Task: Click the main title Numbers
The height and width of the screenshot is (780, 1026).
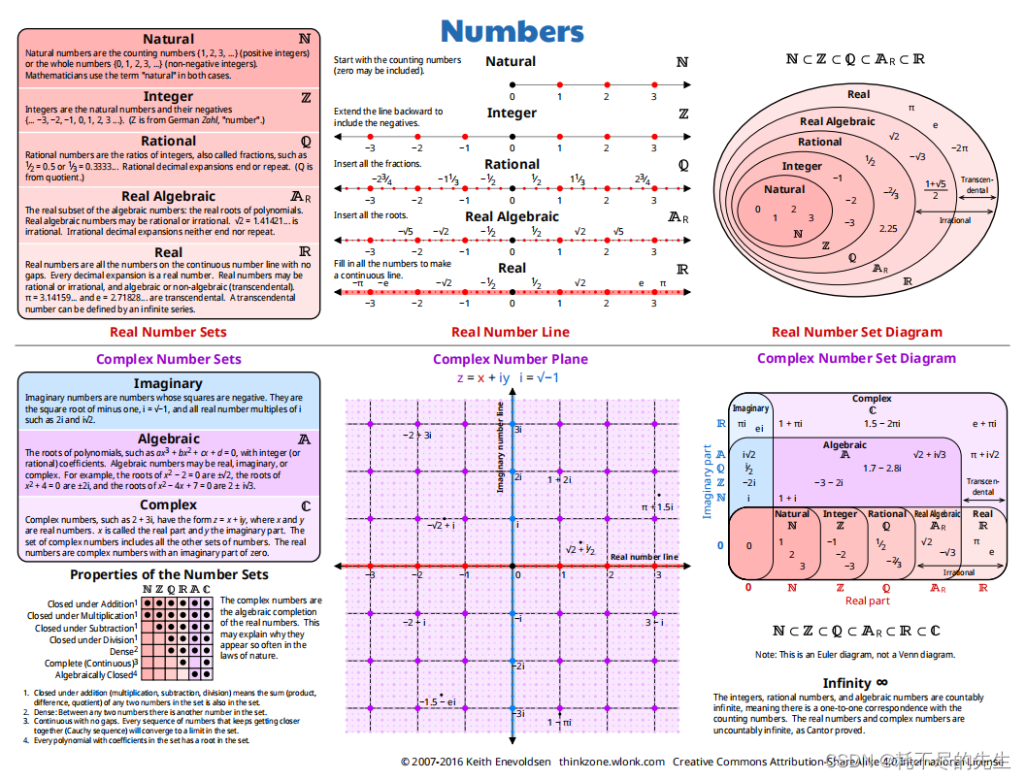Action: coord(512,31)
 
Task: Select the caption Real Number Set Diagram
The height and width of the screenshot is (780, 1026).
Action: coord(856,332)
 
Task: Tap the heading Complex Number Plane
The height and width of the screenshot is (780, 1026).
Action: coord(510,359)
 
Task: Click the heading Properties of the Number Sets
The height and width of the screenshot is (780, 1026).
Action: coord(169,574)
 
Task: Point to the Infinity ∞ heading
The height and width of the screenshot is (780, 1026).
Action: coord(854,683)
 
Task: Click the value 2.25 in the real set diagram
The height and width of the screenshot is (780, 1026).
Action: coord(887,229)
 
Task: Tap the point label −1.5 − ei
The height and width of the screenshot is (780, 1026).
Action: coord(437,701)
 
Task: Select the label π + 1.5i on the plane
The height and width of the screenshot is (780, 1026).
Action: coord(657,506)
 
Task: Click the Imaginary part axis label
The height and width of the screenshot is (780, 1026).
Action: coord(708,481)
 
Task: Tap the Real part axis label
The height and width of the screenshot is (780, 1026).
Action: coord(867,601)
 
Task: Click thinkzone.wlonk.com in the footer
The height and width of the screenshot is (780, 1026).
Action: coord(612,762)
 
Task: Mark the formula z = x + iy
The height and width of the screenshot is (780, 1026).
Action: coord(483,377)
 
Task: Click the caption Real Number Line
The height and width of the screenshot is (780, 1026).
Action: coord(511,332)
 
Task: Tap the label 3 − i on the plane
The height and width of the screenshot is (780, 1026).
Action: coord(654,623)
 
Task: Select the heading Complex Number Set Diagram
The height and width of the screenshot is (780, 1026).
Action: coord(856,358)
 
